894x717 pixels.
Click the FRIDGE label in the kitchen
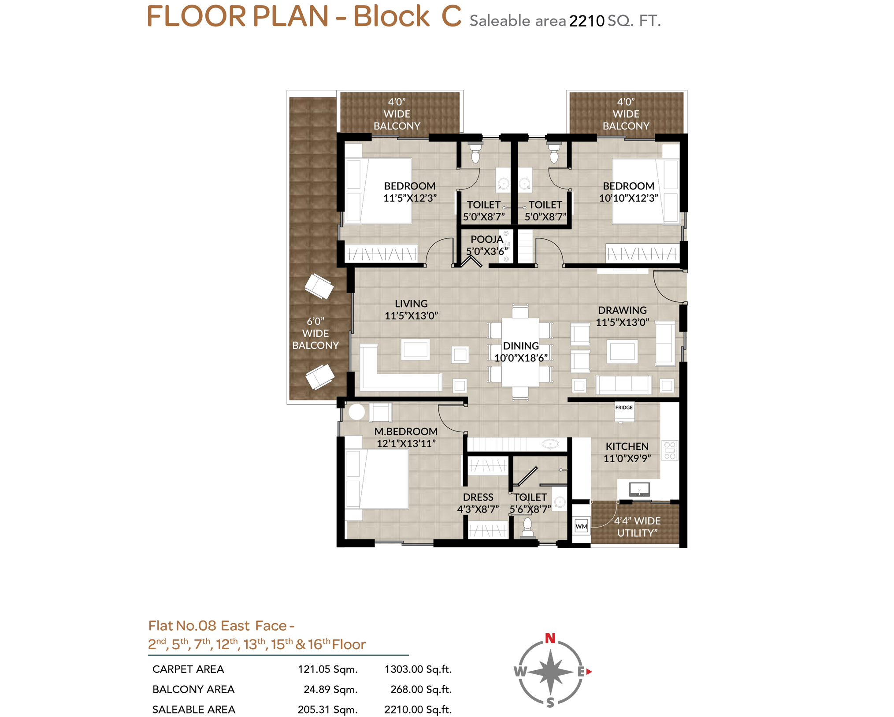point(623,408)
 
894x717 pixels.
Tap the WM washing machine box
point(581,526)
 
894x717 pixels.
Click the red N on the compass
point(550,638)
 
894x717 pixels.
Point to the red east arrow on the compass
point(589,672)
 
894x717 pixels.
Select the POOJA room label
point(486,239)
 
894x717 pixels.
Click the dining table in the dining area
point(520,352)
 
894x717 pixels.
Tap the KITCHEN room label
point(627,446)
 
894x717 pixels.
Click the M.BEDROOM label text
point(406,431)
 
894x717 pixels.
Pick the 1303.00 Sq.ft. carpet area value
point(418,669)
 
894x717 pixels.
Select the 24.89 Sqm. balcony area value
point(330,689)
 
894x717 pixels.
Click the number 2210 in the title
point(586,21)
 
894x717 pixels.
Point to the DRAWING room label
point(622,310)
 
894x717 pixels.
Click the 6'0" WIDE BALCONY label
point(315,333)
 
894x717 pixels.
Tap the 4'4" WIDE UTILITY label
point(637,527)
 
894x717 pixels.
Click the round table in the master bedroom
point(356,412)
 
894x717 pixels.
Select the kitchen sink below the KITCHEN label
point(639,489)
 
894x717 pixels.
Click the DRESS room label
point(478,497)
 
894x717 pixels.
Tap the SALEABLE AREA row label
point(194,710)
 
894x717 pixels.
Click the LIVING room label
point(411,304)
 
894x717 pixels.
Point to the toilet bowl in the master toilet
point(527,527)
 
